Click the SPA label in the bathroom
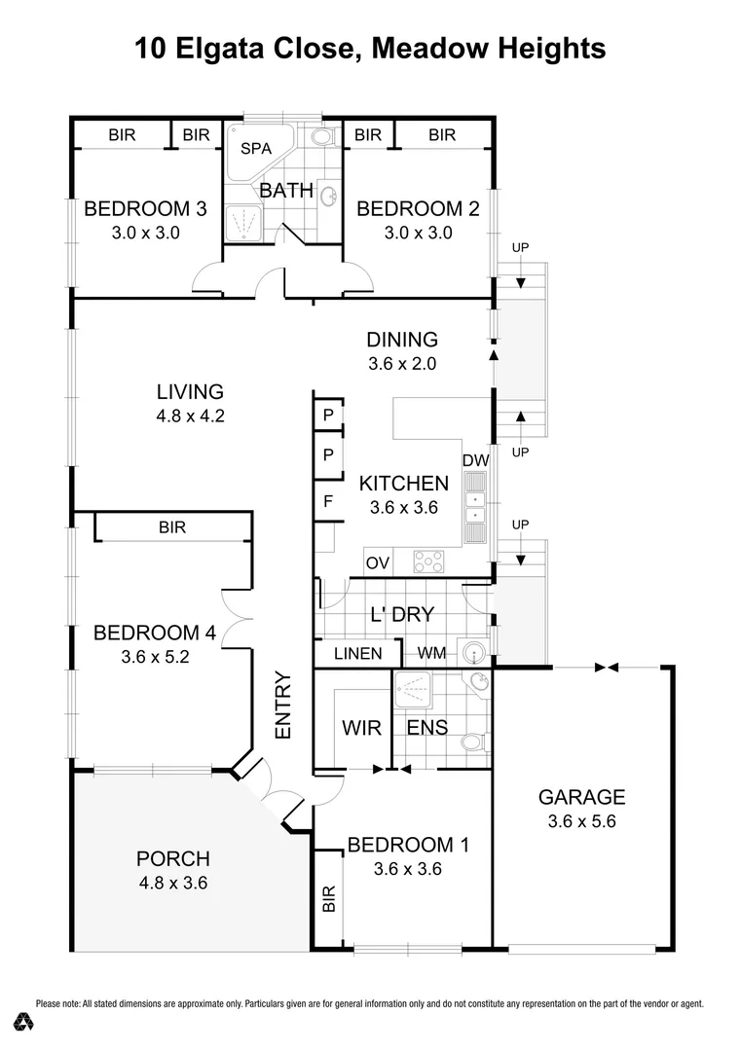256,150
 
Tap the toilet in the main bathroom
325,135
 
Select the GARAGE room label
581,797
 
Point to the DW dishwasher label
475,459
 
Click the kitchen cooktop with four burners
429,562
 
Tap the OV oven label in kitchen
379,562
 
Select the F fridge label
327,503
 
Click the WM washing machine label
431,653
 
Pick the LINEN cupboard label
357,653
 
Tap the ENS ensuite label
426,728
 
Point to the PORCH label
173,858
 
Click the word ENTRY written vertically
283,706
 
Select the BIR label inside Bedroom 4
172,527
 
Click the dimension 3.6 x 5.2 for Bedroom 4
154,657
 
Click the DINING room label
402,340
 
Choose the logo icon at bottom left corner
24,1022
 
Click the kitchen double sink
475,508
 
